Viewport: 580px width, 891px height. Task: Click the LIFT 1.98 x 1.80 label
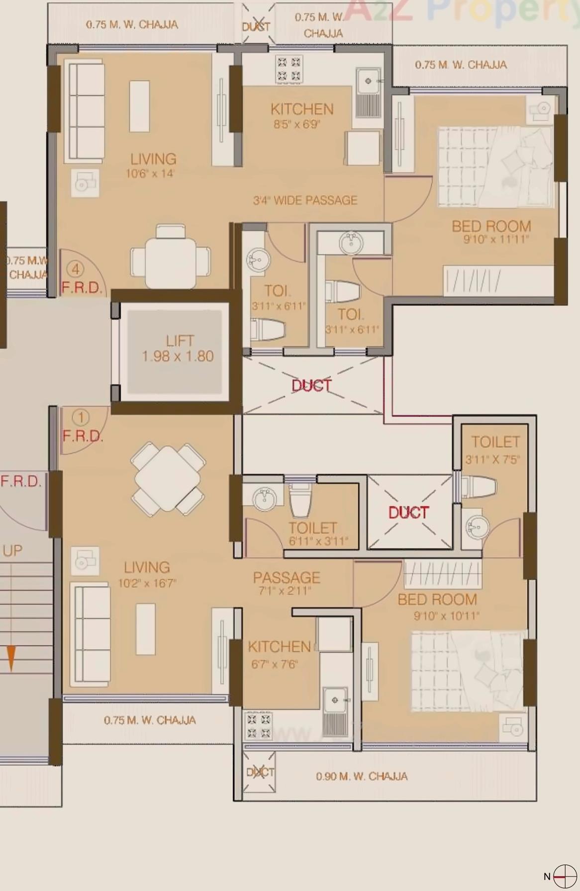coord(178,349)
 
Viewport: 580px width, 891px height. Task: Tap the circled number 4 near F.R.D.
coord(76,269)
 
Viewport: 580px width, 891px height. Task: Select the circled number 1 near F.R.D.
coord(81,417)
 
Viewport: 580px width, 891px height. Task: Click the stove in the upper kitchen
coord(289,69)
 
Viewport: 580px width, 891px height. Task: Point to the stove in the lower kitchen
coord(259,725)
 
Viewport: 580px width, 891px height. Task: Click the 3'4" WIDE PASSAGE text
coord(305,200)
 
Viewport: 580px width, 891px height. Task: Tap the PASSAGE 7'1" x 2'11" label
coord(287,583)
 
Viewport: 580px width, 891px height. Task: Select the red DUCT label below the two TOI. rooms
coord(311,385)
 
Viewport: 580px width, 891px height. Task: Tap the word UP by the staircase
coord(12,551)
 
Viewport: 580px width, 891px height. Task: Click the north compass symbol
coord(565,877)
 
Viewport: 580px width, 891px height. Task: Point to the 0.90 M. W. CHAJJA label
coord(362,776)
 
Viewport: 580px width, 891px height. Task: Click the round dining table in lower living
coord(168,479)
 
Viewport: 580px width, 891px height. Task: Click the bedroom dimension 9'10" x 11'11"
coord(496,240)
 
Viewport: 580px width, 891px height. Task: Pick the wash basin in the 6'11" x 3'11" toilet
coord(264,499)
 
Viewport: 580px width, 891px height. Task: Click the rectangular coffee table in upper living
coord(139,106)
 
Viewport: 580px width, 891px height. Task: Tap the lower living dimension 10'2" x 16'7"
coord(147,583)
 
